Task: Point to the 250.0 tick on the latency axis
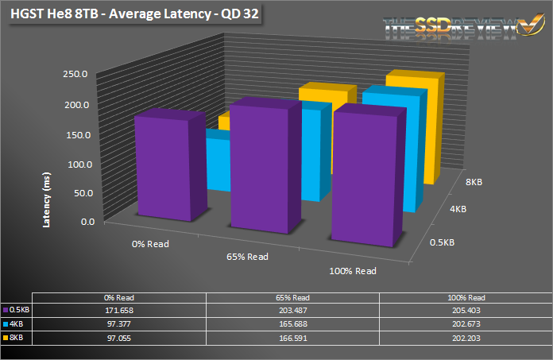coord(79,74)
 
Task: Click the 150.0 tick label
coord(79,134)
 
